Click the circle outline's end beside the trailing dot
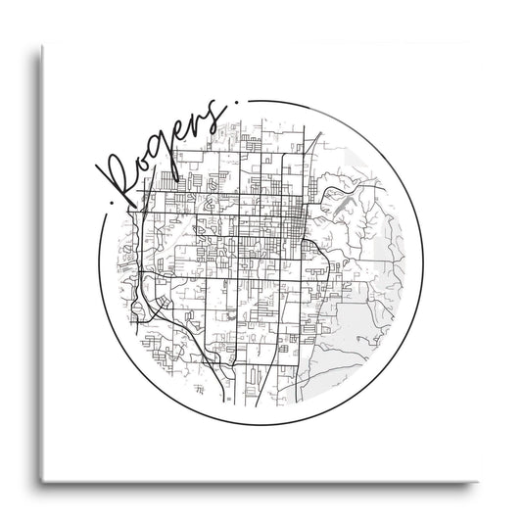[x=249, y=99]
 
